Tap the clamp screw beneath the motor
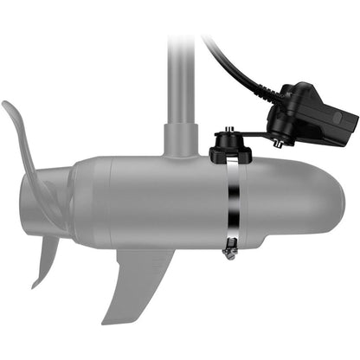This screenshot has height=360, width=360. point(228,253)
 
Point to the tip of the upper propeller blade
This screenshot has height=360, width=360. point(5,105)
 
